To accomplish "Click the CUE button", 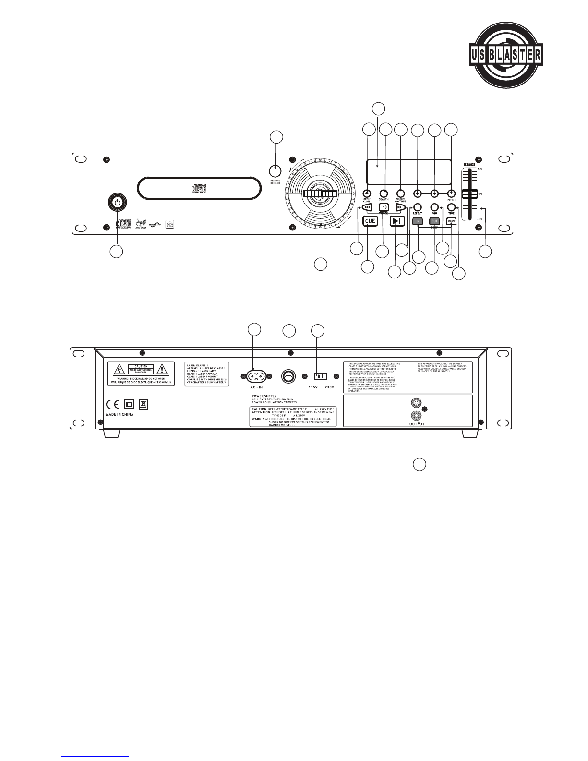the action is click(x=370, y=221).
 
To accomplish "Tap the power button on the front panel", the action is click(x=116, y=202).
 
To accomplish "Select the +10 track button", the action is click(x=384, y=207).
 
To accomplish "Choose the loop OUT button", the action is click(x=434, y=221).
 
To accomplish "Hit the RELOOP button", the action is click(x=451, y=221).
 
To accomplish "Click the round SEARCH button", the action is click(x=384, y=193).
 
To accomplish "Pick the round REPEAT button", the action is click(x=418, y=207).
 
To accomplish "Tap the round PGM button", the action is click(x=434, y=207).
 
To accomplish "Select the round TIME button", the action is click(x=451, y=207).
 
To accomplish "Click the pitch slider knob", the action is click(x=469, y=194).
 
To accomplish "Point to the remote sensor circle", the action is click(x=275, y=171).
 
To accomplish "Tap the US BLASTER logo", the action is click(x=505, y=54).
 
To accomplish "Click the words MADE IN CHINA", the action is click(x=120, y=414).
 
